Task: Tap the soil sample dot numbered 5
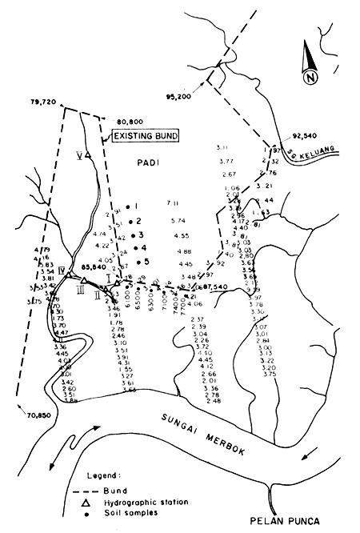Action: (x=138, y=262)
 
